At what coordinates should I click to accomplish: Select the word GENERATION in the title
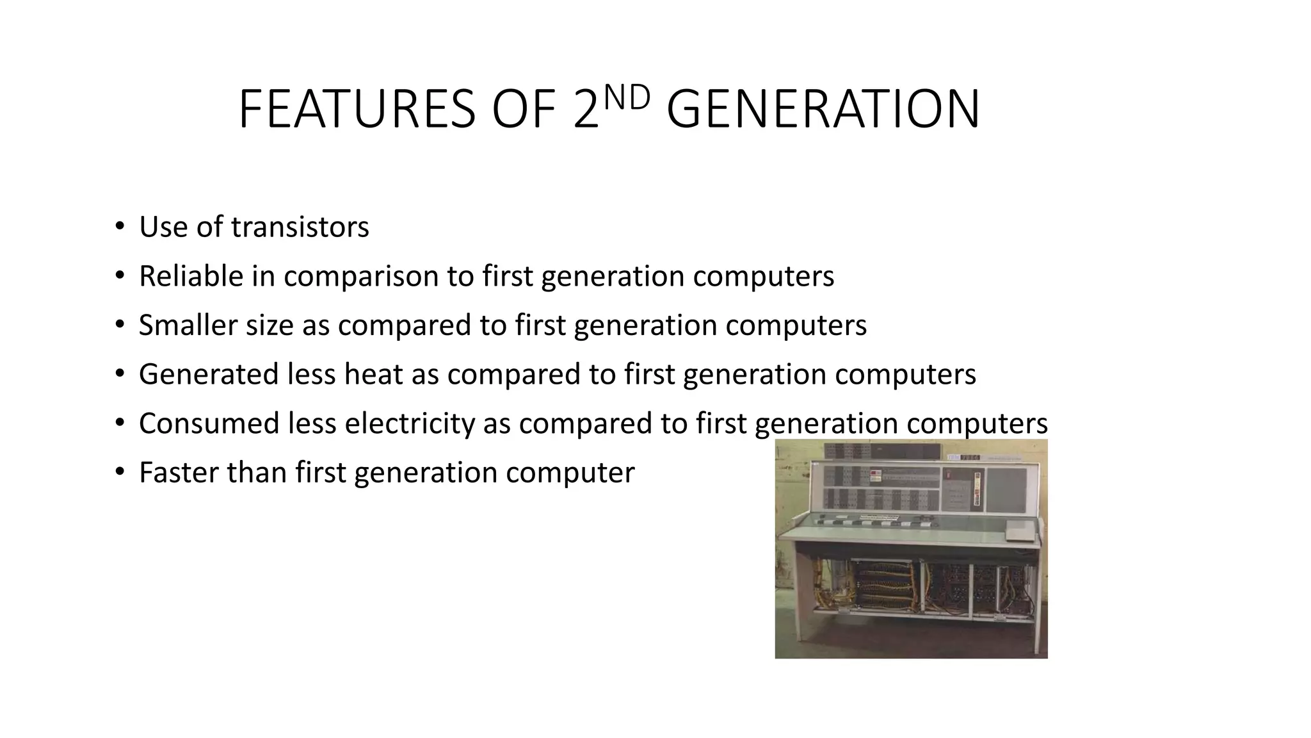823,110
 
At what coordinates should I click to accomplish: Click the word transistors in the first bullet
300,227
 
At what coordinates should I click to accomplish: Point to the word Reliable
191,276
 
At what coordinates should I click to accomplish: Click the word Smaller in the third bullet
188,325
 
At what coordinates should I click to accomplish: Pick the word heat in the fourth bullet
373,374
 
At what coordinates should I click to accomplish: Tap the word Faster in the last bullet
179,473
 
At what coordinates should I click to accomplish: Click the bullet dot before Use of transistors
119,227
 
